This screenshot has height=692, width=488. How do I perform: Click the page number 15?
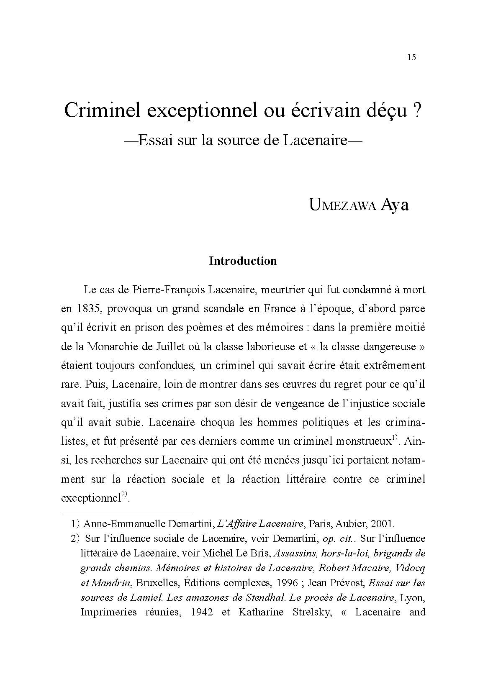(x=411, y=58)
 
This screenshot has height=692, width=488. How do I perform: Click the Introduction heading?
(x=243, y=261)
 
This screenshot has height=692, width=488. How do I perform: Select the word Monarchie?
(x=110, y=346)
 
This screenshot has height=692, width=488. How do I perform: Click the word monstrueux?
(x=364, y=441)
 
